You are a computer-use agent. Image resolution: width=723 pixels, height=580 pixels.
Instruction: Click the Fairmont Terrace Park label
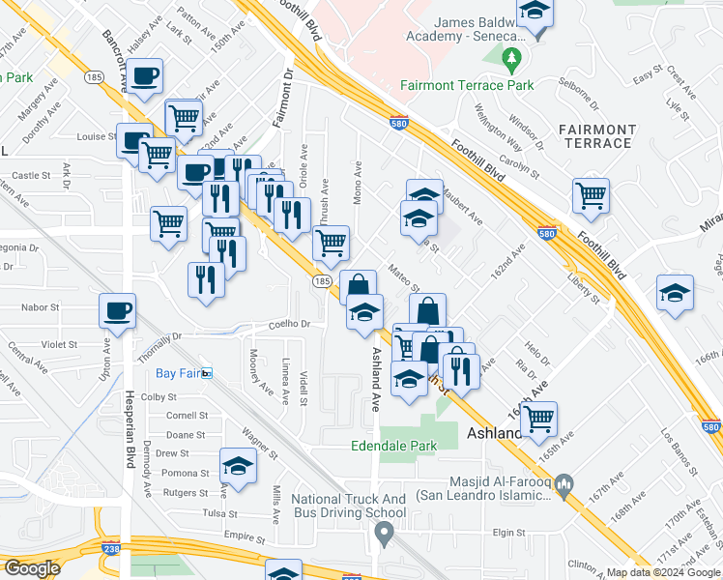pos(467,85)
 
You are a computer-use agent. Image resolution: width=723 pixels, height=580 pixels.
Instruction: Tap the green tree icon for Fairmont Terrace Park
pos(511,62)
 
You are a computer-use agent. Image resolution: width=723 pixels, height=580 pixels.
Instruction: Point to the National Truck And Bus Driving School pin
pos(384,533)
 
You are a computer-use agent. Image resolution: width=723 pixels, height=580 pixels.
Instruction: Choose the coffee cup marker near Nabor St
pos(117,311)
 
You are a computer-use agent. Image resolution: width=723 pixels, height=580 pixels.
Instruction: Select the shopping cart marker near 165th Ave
pos(538,419)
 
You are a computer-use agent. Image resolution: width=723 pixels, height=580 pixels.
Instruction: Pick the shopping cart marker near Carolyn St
pos(591,194)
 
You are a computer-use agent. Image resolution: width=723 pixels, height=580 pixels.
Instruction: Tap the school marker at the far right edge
pos(675,293)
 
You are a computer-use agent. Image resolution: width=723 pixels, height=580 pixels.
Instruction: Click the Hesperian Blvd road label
pos(128,425)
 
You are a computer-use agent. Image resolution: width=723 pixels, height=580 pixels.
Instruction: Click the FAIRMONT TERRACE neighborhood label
pos(596,136)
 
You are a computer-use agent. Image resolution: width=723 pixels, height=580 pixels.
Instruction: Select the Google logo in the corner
pos(32,567)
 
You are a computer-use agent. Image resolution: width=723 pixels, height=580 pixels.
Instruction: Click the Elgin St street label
pos(506,532)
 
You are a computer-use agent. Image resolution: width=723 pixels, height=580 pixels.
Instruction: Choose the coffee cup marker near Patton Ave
pos(145,76)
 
